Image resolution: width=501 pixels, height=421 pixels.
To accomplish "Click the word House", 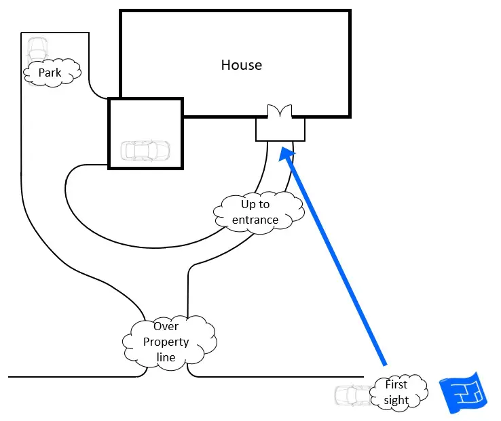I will click(241, 65).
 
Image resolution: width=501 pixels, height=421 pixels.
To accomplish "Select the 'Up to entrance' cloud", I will click(256, 212).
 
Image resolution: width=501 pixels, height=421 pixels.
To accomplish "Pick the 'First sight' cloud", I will click(398, 392).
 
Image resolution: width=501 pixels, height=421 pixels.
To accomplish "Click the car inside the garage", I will click(145, 150).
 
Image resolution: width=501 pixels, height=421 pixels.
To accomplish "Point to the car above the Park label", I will click(37, 49).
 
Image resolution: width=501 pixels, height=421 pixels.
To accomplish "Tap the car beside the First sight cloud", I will click(352, 395).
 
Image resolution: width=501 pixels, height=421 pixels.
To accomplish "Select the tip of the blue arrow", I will click(284, 151).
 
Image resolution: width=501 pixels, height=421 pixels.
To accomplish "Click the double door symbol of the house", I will click(280, 111).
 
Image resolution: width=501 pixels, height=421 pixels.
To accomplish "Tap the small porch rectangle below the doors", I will click(280, 129).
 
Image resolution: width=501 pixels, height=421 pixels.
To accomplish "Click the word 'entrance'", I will click(255, 220).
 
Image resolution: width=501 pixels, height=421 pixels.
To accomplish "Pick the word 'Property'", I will click(166, 342).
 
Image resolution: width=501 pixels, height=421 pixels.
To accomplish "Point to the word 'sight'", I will click(396, 400).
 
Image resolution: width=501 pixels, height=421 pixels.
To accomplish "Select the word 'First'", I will click(396, 384).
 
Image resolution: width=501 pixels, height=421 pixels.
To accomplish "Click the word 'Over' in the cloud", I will click(166, 327).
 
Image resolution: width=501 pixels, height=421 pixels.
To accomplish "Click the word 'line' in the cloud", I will click(166, 357).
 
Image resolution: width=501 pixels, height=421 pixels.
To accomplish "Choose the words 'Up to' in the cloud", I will click(255, 204).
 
